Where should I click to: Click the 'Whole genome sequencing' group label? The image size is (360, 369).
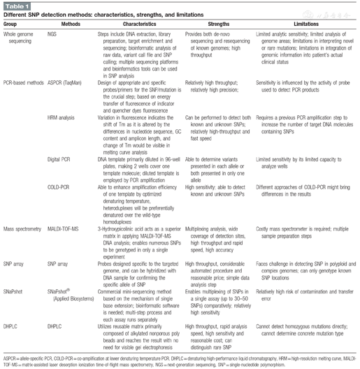(21, 36)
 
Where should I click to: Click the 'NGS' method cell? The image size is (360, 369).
(52, 32)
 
